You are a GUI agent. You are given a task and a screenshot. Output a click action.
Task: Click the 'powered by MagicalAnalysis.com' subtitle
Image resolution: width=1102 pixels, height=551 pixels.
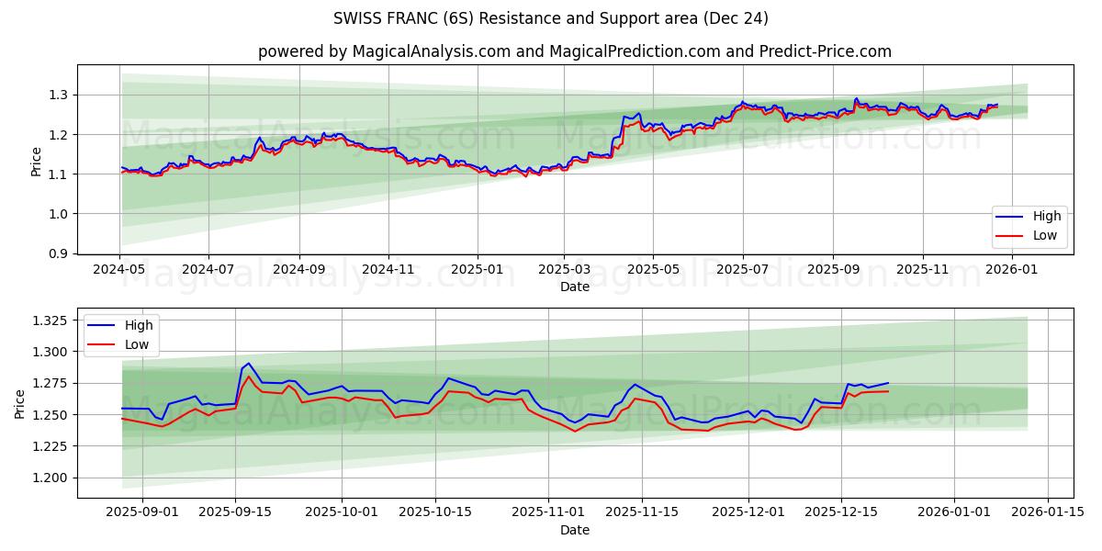click(574, 51)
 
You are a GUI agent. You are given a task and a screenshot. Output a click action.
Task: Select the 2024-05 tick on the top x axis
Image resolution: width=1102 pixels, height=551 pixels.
click(119, 271)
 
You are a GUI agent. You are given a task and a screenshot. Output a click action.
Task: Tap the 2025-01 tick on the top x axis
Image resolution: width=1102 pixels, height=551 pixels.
click(478, 271)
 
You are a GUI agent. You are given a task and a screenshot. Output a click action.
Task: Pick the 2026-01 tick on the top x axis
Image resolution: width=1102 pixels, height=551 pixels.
click(1012, 271)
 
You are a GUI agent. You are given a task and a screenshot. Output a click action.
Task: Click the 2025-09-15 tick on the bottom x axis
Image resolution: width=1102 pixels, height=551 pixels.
click(235, 512)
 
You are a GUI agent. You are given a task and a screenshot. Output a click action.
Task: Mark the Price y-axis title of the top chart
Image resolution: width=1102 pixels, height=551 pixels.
click(37, 161)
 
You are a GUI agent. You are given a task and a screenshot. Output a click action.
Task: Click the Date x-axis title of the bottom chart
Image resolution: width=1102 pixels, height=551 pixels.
click(574, 530)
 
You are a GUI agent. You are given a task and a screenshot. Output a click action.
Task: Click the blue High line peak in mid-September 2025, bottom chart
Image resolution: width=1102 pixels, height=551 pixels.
click(248, 363)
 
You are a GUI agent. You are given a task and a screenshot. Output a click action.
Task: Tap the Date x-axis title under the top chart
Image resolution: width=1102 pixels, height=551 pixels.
click(574, 287)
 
